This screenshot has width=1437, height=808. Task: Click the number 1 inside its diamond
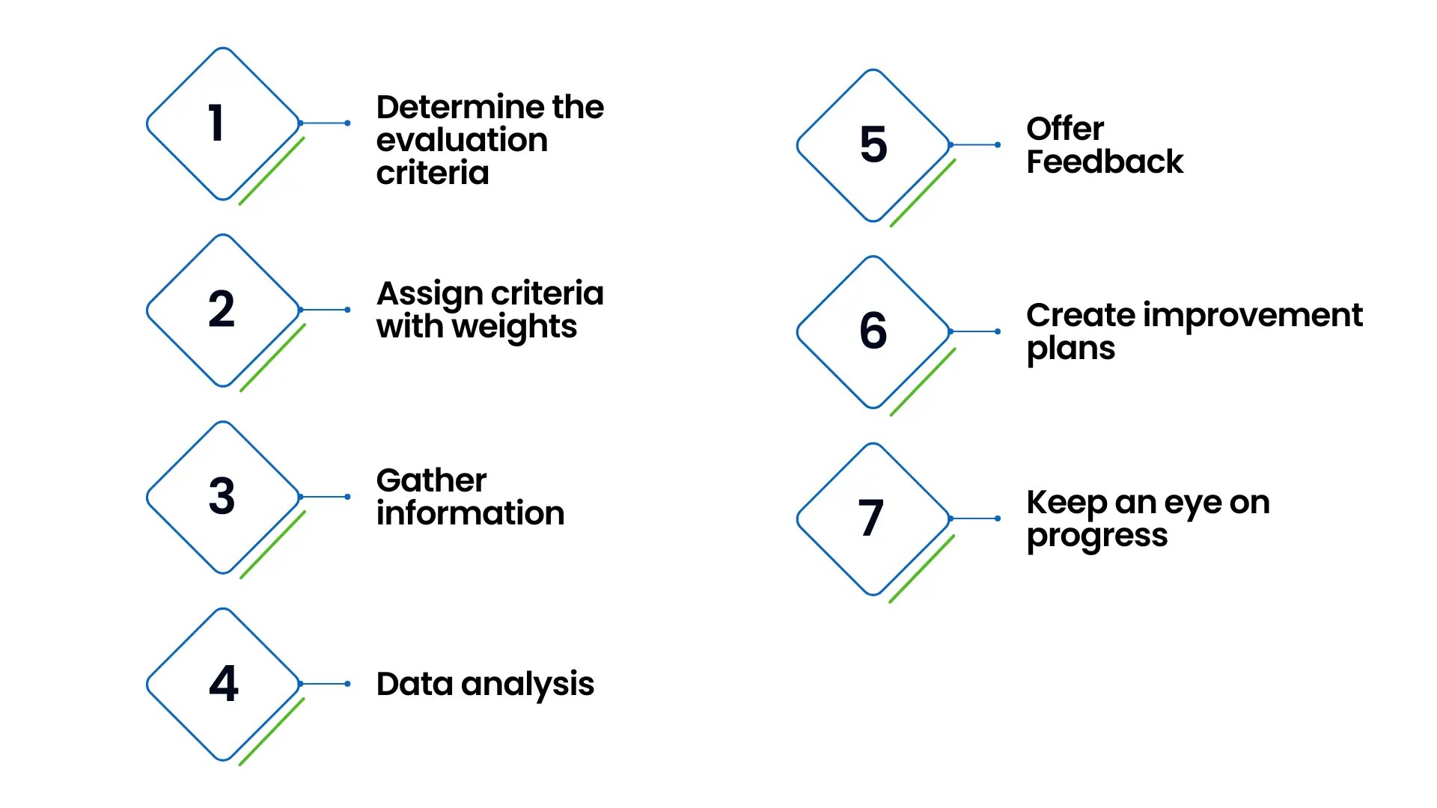(216, 123)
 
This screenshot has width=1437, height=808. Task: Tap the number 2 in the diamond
(222, 309)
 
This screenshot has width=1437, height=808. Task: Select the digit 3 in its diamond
(222, 496)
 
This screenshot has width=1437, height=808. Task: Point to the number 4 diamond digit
(223, 683)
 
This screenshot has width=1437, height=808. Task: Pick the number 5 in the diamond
(873, 144)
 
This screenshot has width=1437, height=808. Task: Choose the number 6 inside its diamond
(873, 331)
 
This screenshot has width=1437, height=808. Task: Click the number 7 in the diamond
(871, 518)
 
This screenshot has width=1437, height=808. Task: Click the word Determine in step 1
(460, 107)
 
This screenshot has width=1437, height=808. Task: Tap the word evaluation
(462, 141)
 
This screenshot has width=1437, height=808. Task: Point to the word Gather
(431, 480)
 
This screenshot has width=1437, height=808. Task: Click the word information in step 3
(470, 514)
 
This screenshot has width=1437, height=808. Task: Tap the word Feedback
(1105, 162)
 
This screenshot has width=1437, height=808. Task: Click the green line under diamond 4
(272, 732)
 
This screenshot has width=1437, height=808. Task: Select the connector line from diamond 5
(974, 144)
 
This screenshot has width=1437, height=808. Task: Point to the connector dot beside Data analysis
(348, 684)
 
